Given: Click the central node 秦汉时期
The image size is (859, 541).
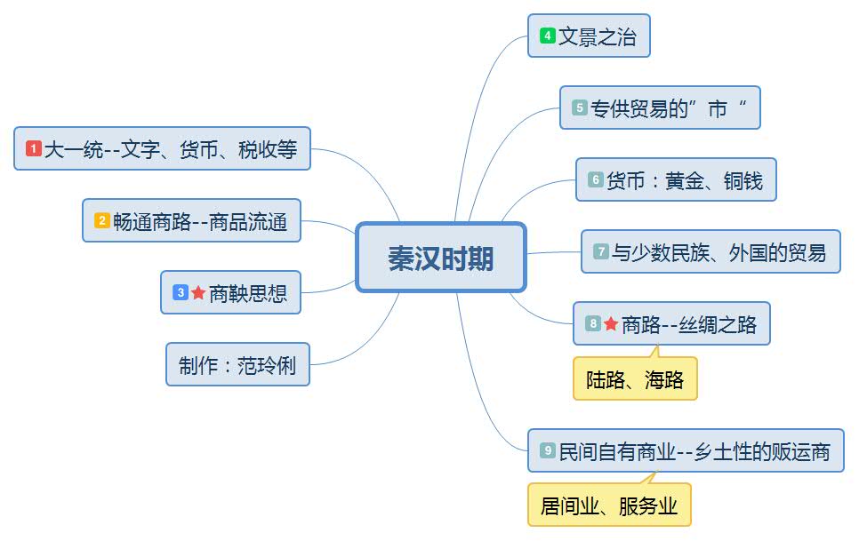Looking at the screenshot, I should [x=441, y=258].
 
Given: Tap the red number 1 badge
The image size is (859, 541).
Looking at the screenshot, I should [x=34, y=149].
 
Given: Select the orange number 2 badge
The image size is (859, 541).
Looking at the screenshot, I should [x=102, y=221].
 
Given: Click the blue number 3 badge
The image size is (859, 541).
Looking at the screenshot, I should [x=181, y=292].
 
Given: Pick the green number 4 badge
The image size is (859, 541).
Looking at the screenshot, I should [x=548, y=36].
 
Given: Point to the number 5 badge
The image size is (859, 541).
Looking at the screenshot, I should [x=580, y=108].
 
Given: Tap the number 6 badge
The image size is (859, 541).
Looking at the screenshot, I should [x=596, y=180].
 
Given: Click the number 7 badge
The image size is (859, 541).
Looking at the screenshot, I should [x=601, y=252].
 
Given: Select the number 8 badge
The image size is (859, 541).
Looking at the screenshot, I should [x=594, y=324].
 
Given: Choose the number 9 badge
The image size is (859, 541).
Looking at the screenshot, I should [x=548, y=451].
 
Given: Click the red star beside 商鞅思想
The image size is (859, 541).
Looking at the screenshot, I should [x=198, y=292].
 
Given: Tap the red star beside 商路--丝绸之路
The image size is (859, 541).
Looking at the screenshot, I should [x=611, y=324].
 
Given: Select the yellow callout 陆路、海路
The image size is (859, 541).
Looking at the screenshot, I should [x=635, y=380].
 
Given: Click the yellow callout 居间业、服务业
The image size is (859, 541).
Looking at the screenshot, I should [x=609, y=506].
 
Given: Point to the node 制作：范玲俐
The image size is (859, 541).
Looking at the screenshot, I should [x=237, y=365].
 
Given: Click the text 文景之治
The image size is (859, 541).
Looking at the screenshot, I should [x=598, y=37].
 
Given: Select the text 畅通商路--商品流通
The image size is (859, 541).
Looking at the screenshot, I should [x=200, y=222].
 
